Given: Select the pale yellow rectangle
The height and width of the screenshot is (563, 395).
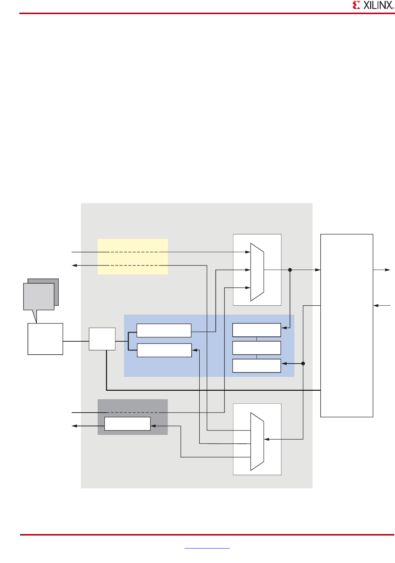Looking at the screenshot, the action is pyautogui.click(x=133, y=257).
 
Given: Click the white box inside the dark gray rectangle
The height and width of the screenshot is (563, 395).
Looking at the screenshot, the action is pyautogui.click(x=127, y=424).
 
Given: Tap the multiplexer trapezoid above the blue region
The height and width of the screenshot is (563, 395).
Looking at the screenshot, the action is pyautogui.click(x=257, y=272).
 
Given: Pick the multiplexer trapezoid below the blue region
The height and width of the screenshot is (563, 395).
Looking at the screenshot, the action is pyautogui.click(x=257, y=442).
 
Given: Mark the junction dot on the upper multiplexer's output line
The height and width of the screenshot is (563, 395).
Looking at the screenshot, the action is pyautogui.click(x=290, y=270).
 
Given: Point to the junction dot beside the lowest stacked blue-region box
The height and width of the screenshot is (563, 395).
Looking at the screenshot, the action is pyautogui.click(x=303, y=364).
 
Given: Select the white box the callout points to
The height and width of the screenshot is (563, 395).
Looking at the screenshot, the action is pyautogui.click(x=45, y=339).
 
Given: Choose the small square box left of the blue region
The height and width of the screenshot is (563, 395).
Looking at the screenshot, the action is pyautogui.click(x=102, y=339).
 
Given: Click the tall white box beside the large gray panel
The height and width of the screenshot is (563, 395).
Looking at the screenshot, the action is pyautogui.click(x=346, y=325).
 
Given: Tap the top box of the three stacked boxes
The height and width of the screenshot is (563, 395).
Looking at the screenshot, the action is pyautogui.click(x=257, y=330).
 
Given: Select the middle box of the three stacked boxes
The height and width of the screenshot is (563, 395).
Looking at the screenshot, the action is pyautogui.click(x=257, y=348).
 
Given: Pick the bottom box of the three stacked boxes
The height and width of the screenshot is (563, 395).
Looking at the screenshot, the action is pyautogui.click(x=257, y=366).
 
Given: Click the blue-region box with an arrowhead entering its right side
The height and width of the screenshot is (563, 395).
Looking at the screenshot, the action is pyautogui.click(x=164, y=350).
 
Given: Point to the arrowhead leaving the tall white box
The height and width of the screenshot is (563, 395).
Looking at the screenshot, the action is pyautogui.click(x=388, y=270).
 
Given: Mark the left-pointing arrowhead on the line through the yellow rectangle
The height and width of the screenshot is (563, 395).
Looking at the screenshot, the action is pyautogui.click(x=74, y=266).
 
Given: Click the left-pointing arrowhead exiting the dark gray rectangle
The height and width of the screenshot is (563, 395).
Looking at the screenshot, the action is pyautogui.click(x=74, y=426).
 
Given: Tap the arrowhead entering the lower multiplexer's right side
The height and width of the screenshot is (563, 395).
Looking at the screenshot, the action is pyautogui.click(x=267, y=439).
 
